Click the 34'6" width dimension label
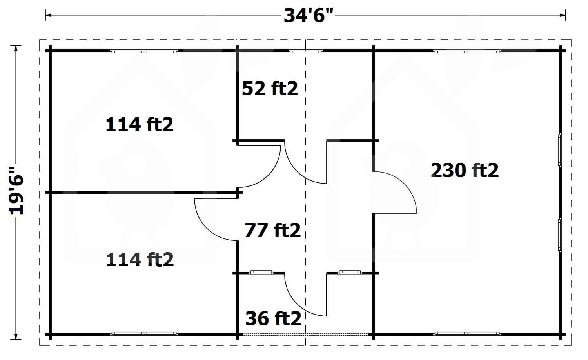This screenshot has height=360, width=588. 309,16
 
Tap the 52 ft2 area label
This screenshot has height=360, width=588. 270,88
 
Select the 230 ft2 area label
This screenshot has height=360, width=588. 465,171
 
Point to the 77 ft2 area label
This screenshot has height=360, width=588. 272,230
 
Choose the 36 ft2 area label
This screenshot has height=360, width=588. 273,318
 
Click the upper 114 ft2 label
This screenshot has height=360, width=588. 140,124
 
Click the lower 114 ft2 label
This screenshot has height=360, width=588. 140,260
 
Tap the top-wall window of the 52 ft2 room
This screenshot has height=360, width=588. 305,51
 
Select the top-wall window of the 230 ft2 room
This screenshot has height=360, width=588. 467,51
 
